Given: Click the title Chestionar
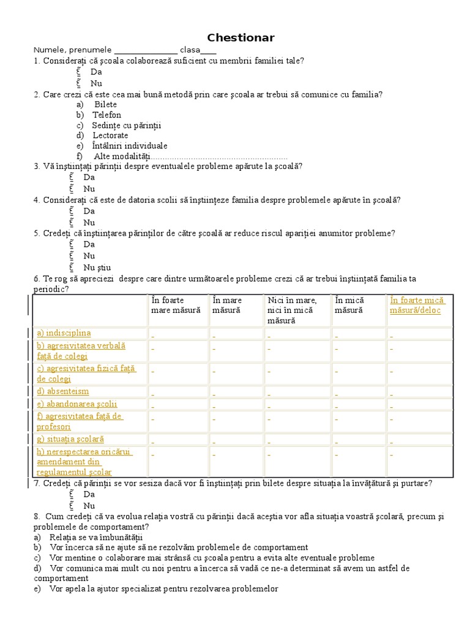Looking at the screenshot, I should pyautogui.click(x=241, y=38).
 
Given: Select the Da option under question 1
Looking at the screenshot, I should pyautogui.click(x=96, y=72).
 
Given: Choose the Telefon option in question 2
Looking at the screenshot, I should pyautogui.click(x=106, y=115).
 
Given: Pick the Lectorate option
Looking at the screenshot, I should pyautogui.click(x=110, y=135).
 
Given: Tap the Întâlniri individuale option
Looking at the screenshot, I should pyautogui.click(x=130, y=146).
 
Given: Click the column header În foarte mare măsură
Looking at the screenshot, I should pyautogui.click(x=176, y=305).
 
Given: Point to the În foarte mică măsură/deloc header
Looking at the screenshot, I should pyautogui.click(x=417, y=305).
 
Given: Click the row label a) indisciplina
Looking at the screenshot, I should pyautogui.click(x=64, y=333).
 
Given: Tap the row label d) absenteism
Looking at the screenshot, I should pyautogui.click(x=62, y=391).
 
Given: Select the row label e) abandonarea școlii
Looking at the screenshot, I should pyautogui.click(x=76, y=404).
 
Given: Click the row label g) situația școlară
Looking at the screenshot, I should pyautogui.click(x=70, y=439).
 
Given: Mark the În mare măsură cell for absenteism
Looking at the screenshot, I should pyautogui.click(x=214, y=392).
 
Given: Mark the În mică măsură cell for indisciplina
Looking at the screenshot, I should pyautogui.click(x=336, y=334).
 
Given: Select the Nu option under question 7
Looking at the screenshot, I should pyautogui.click(x=89, y=506).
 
